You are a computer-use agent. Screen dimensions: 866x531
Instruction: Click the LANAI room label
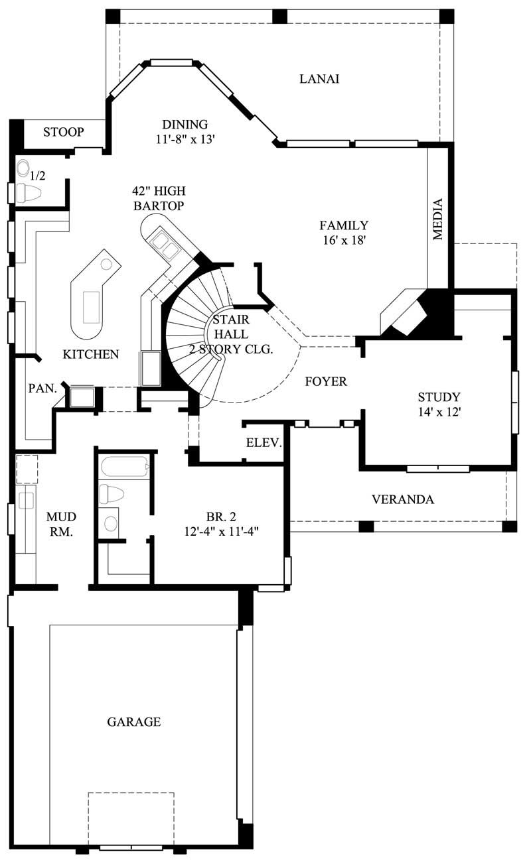click(319, 79)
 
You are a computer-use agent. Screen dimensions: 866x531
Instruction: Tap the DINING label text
click(185, 124)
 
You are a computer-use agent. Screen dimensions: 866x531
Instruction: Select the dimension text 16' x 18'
click(343, 241)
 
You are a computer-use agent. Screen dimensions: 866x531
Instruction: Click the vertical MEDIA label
click(437, 219)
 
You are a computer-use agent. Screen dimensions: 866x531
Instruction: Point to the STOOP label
click(64, 132)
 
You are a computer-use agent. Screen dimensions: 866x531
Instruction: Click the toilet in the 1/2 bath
click(29, 193)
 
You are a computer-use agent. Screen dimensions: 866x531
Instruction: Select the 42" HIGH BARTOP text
click(158, 198)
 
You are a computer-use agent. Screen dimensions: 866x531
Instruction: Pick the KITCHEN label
click(91, 354)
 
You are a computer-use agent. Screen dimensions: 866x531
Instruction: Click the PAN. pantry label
click(42, 389)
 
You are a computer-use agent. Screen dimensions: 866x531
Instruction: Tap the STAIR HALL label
click(231, 334)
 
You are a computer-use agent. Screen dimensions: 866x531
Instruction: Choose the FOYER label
click(326, 381)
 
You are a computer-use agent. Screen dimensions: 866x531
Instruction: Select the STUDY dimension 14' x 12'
click(439, 412)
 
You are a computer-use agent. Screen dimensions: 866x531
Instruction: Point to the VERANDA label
click(403, 499)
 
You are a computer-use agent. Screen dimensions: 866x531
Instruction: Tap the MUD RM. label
click(61, 523)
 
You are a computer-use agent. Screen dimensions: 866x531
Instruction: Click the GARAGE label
click(134, 721)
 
